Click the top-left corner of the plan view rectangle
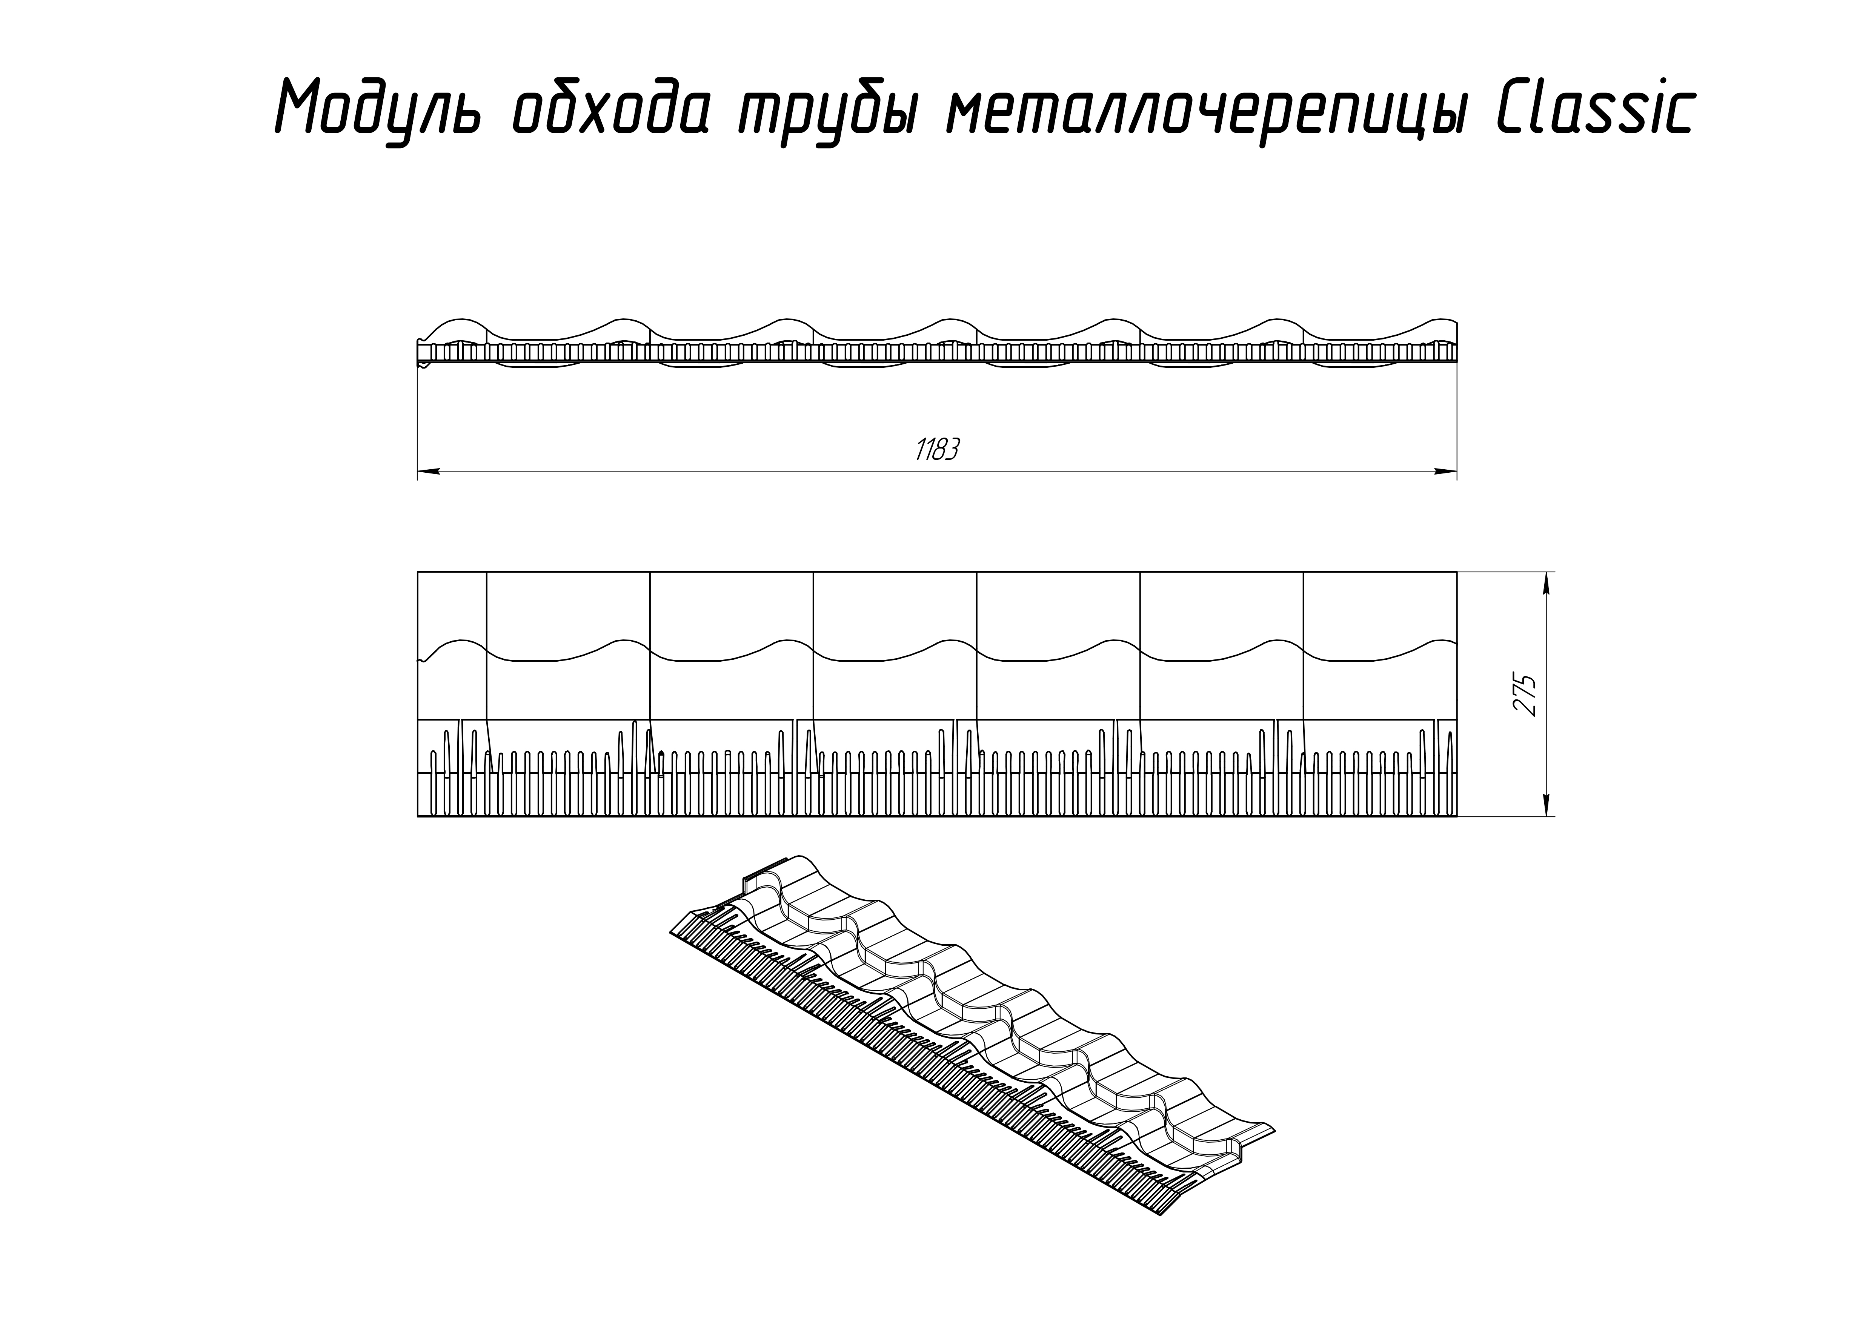point(418,572)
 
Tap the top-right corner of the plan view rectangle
point(1457,572)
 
